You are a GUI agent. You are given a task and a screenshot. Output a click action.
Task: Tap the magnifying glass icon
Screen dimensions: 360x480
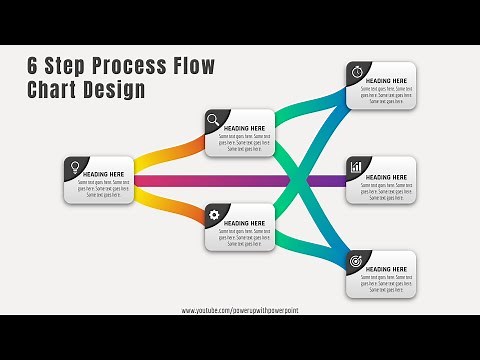[x=213, y=120]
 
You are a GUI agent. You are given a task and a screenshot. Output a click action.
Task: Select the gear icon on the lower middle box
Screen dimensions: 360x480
[x=213, y=213]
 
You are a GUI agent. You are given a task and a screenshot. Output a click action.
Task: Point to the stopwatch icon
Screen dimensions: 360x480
[x=355, y=70]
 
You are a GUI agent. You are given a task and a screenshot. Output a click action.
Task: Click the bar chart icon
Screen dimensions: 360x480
[x=355, y=165]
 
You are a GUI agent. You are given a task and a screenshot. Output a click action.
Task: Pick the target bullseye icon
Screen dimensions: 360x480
[x=355, y=260]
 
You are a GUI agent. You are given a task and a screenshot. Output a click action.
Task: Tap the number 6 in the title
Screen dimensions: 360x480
[x=32, y=67]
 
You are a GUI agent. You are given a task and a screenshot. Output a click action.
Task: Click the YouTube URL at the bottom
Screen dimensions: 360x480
[x=240, y=311]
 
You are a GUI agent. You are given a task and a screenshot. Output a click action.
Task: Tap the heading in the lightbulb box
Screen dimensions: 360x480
[x=103, y=174]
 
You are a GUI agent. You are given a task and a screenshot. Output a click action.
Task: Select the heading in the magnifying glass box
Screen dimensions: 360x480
[x=244, y=128]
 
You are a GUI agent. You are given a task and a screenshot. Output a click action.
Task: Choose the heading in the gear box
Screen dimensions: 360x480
[x=244, y=223]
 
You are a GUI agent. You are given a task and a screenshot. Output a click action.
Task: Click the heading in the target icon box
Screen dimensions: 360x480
[x=385, y=270]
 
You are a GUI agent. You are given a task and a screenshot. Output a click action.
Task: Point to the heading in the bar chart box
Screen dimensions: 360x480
[x=385, y=177]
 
